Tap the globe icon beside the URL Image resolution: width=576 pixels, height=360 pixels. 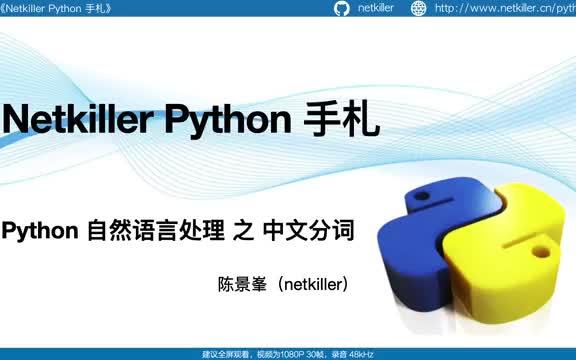point(416,9)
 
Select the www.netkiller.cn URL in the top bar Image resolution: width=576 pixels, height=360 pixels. point(505,9)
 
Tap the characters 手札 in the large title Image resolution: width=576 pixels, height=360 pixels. point(341,121)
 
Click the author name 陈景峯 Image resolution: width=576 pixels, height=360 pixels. point(251,285)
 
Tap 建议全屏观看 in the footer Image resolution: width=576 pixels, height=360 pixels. point(227,353)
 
